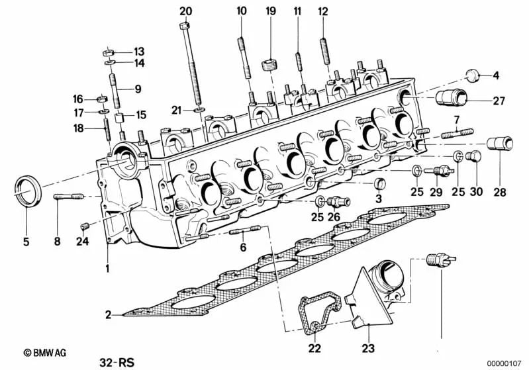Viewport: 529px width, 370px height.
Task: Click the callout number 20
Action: click(x=185, y=11)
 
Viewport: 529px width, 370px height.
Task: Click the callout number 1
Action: click(x=106, y=269)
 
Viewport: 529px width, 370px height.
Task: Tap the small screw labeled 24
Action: click(x=85, y=226)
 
